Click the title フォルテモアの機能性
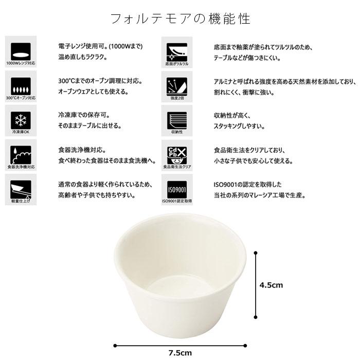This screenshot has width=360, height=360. point(180,19)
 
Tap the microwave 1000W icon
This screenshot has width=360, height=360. point(21,52)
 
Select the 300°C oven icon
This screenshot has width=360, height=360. point(21,86)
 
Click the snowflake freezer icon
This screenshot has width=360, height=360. point(21,120)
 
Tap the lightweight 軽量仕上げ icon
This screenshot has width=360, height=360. point(21,189)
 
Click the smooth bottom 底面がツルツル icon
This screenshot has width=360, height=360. point(177,52)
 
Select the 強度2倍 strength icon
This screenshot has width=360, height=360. point(177,86)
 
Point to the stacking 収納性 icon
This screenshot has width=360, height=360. point(177,120)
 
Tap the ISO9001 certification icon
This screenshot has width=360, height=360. point(177,189)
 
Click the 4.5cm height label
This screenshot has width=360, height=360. point(271,284)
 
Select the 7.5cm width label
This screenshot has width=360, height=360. point(179,352)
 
